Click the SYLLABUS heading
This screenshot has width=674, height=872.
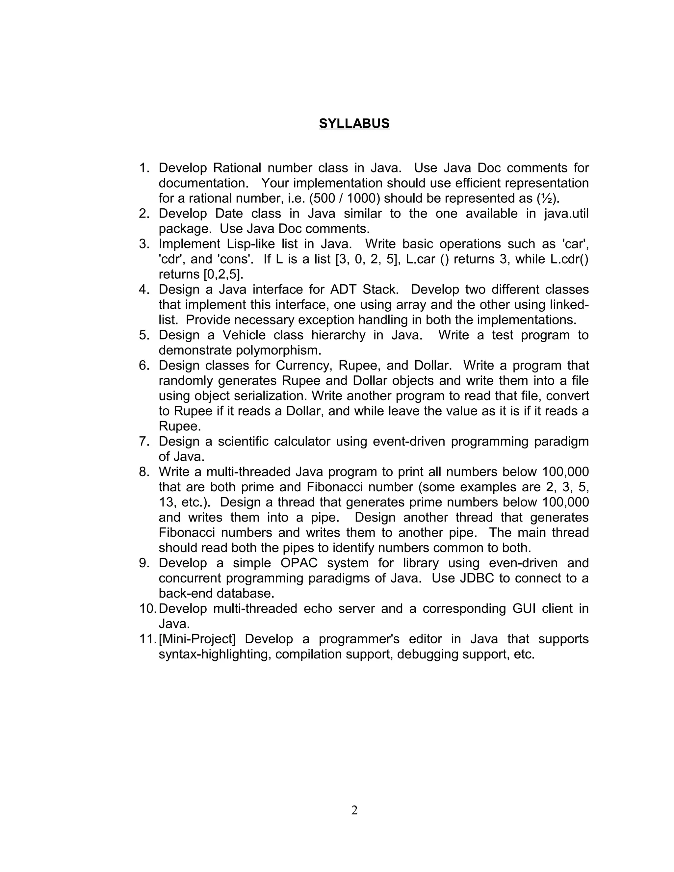[354, 124]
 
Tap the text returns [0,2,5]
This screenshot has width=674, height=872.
[201, 274]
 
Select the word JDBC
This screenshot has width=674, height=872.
[477, 578]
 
